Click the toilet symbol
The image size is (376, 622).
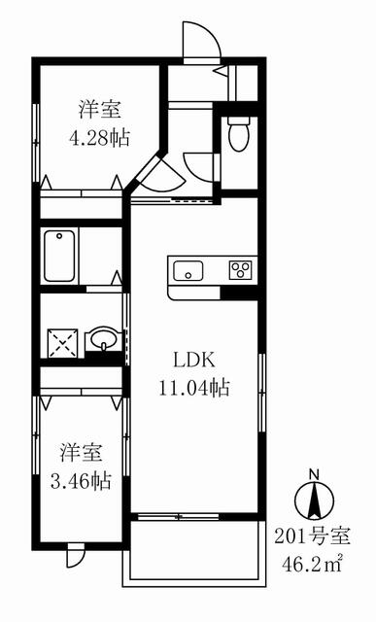pyautogui.click(x=238, y=134)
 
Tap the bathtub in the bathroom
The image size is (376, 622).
pyautogui.click(x=59, y=256)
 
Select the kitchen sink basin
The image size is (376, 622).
pyautogui.click(x=188, y=271)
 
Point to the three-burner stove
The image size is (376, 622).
pyautogui.click(x=240, y=270)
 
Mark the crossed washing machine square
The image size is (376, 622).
pyautogui.click(x=62, y=341)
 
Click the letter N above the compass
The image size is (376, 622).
pyautogui.click(x=315, y=473)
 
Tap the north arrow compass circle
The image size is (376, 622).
pyautogui.click(x=315, y=501)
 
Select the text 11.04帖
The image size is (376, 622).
pyautogui.click(x=194, y=387)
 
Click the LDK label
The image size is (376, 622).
pyautogui.click(x=194, y=361)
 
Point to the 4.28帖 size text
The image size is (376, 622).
pyautogui.click(x=99, y=138)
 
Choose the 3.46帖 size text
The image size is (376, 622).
pyautogui.click(x=81, y=481)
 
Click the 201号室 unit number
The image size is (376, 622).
pyautogui.click(x=313, y=537)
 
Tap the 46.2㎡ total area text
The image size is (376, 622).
pyautogui.click(x=312, y=564)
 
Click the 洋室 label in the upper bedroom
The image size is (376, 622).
pyautogui.click(x=99, y=110)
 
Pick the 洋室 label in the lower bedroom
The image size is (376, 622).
pyautogui.click(x=82, y=452)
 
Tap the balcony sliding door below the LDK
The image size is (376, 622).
pyautogui.click(x=179, y=516)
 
